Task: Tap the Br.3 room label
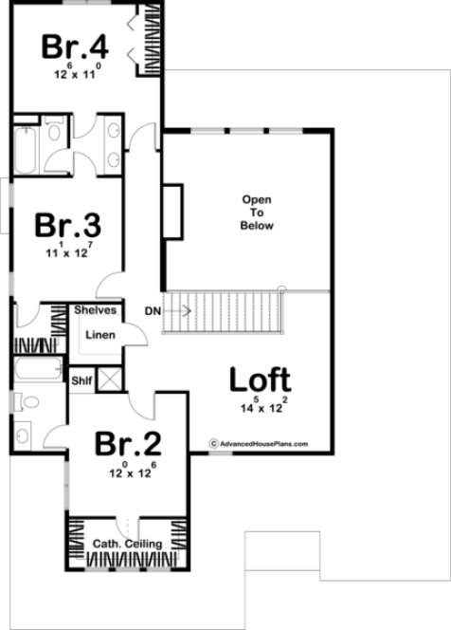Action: coord(68,227)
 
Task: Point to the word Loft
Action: coord(260,380)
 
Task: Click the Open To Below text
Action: coord(257,213)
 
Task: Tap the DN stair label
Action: coord(152,310)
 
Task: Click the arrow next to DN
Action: coord(177,310)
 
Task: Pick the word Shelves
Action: coord(95,310)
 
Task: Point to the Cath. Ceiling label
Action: coord(127,544)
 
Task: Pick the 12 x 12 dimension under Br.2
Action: coord(132,469)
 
